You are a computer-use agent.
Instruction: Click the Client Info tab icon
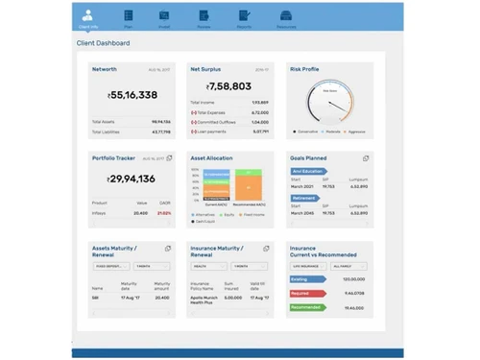pos(87,14)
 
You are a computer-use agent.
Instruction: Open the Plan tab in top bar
pos(127,15)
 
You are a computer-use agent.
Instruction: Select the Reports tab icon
pos(244,15)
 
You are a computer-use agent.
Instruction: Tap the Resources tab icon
pos(286,15)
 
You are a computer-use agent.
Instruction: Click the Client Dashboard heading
pos(103,43)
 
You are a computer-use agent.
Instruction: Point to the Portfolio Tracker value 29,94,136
pos(132,179)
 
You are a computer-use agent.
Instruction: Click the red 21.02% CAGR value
pos(164,213)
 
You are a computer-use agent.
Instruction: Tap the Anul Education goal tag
pos(308,170)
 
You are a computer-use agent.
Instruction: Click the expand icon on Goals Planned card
pos(366,157)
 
